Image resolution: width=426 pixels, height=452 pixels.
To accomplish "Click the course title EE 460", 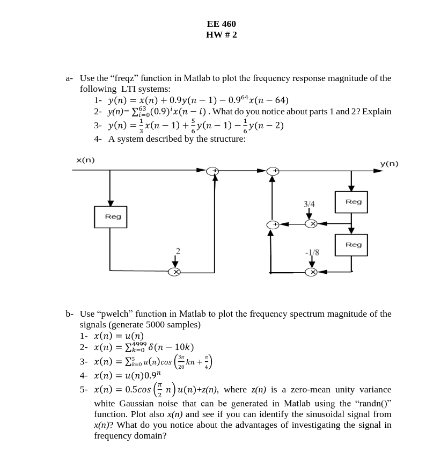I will [221, 24].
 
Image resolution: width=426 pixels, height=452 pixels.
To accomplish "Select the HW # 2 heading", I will [221, 35].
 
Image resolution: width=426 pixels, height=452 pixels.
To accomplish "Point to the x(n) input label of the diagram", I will [85, 160].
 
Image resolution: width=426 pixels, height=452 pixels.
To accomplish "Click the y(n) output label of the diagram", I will [389, 163].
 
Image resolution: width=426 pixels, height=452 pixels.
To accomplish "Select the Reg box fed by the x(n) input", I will [111, 217].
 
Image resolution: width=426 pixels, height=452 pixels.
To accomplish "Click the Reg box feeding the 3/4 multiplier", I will [351, 202].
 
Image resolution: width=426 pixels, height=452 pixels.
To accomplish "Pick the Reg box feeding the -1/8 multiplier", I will [351, 245].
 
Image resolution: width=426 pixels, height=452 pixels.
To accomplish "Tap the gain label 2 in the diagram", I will [178, 251].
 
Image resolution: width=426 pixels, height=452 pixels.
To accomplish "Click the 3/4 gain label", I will [309, 204].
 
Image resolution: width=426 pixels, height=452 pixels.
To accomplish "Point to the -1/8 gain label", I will [312, 252].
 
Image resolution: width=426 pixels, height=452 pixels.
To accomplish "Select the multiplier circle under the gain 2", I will [174, 272].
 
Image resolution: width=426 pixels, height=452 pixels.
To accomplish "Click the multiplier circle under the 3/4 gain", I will [311, 223].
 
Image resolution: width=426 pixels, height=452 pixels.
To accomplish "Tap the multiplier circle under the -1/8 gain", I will [311, 272].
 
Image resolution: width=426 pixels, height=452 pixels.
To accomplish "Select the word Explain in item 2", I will [377, 112].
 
